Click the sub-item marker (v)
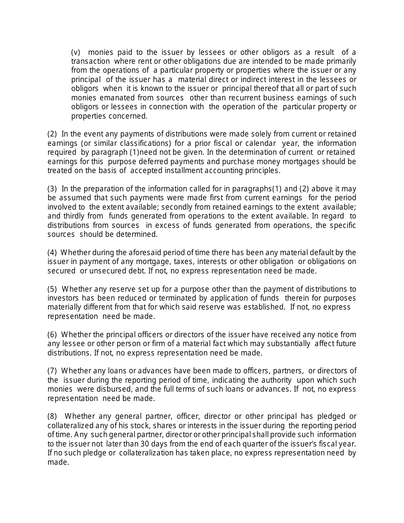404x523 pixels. [x=76, y=52]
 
